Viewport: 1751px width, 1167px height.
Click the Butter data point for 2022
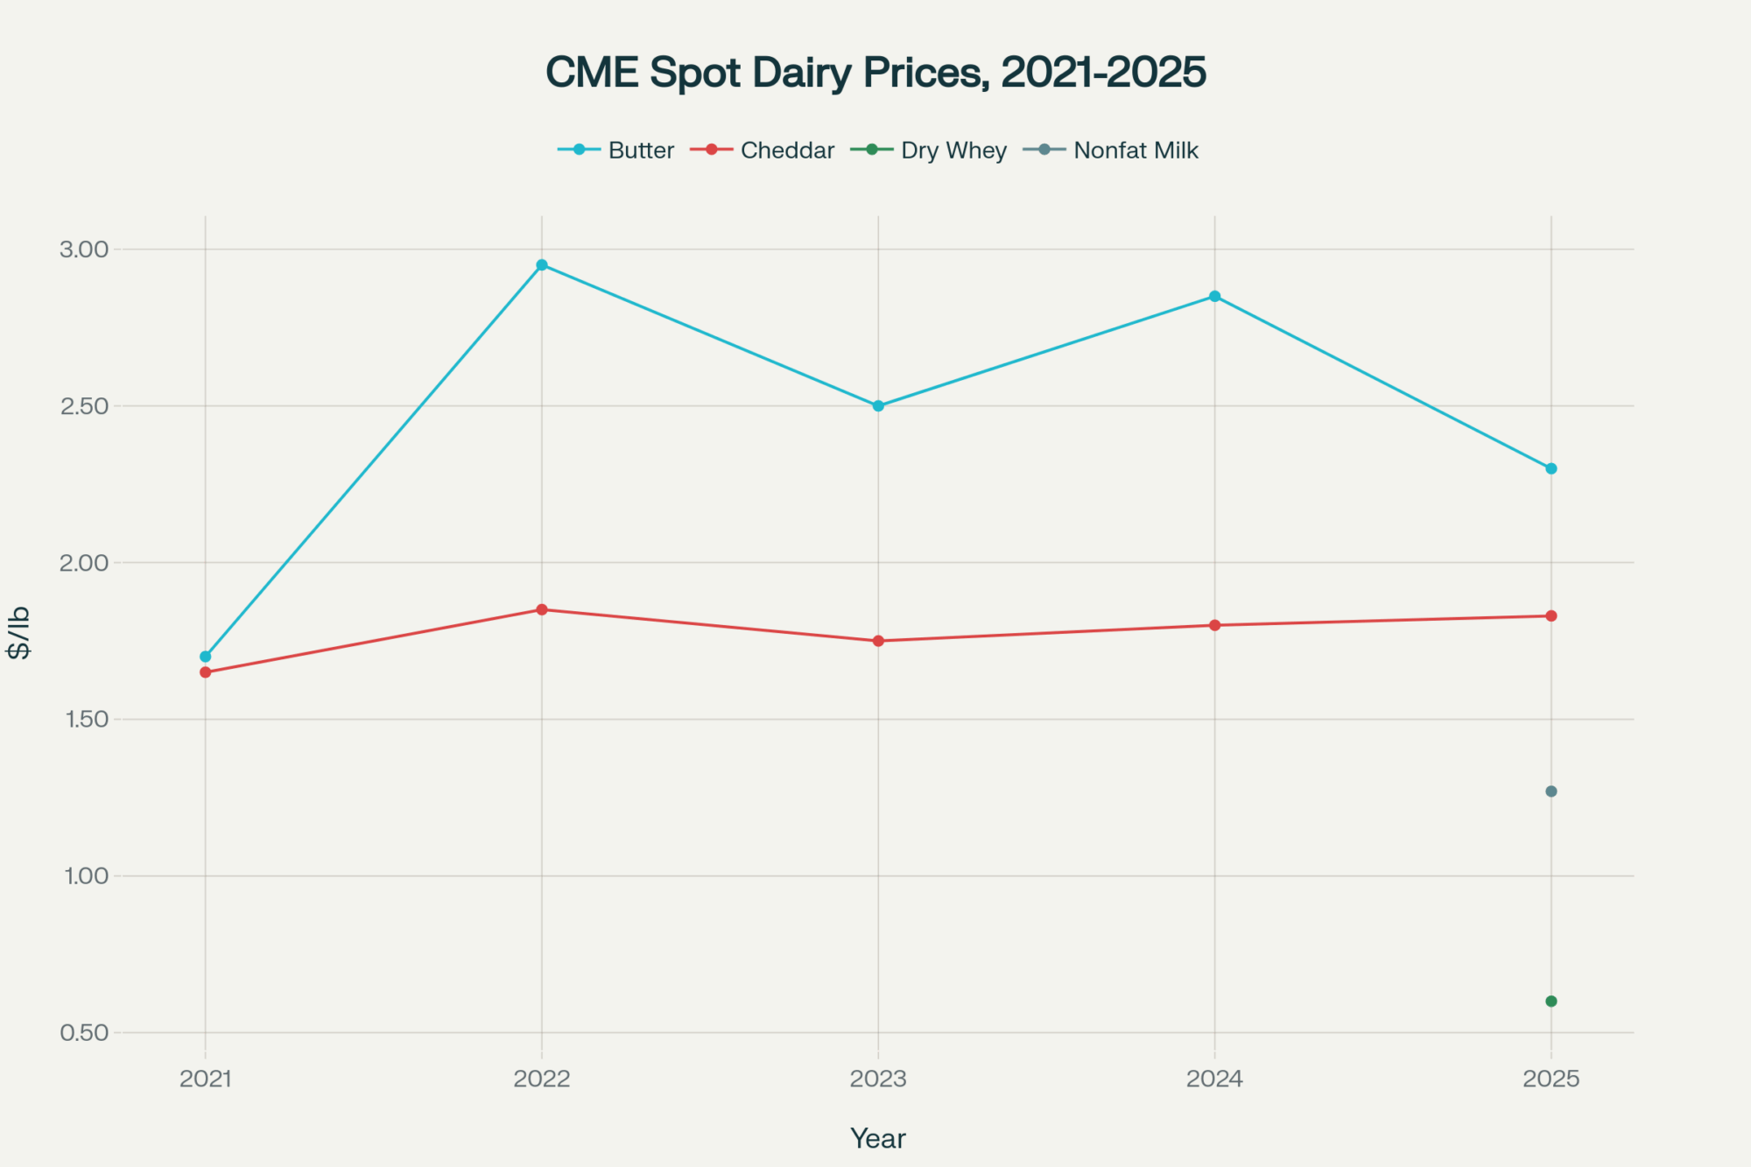coord(542,265)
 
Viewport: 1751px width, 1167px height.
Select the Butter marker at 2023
coord(878,406)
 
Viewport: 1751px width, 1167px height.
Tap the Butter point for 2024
coord(1214,297)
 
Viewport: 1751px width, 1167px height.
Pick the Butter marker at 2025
coord(1551,468)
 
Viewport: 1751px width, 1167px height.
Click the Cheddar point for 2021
coord(206,672)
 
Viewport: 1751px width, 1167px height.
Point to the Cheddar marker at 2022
coord(542,609)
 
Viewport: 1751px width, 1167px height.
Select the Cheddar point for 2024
coord(1214,625)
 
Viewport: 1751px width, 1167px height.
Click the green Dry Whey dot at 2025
coord(1551,1001)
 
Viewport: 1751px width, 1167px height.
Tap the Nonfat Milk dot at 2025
coord(1551,791)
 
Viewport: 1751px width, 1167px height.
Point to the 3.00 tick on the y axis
coord(84,250)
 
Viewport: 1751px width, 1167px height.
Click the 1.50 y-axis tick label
coord(84,720)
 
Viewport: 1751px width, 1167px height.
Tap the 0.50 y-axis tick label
coord(84,1033)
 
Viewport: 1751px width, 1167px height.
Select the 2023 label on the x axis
coord(878,1079)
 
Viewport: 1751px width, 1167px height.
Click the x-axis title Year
coord(878,1138)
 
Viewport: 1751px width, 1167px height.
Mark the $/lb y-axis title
coord(19,632)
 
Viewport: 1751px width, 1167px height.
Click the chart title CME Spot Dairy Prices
coord(875,72)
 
